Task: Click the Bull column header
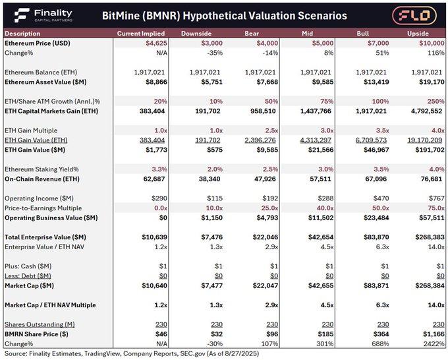(364, 33)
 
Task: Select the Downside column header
(198, 33)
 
